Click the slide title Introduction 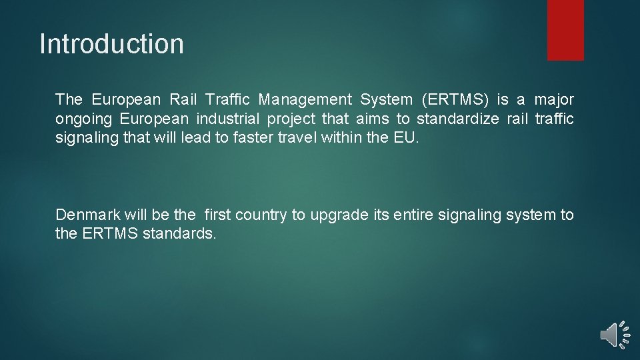111,44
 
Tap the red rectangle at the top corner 565,30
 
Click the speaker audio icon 613,334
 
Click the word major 554,100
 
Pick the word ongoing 85,119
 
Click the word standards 179,234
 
